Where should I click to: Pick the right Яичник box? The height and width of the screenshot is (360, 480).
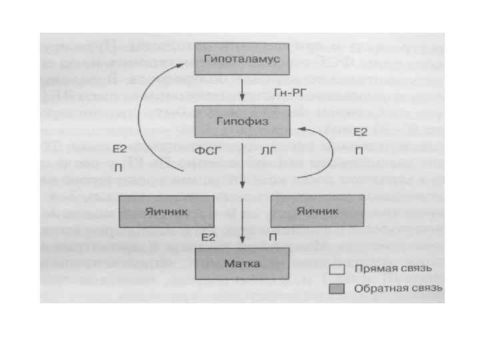click(317, 211)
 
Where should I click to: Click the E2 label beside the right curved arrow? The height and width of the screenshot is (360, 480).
click(360, 133)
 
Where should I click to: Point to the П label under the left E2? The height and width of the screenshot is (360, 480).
click(119, 167)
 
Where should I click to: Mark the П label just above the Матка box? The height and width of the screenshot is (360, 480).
click(273, 237)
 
